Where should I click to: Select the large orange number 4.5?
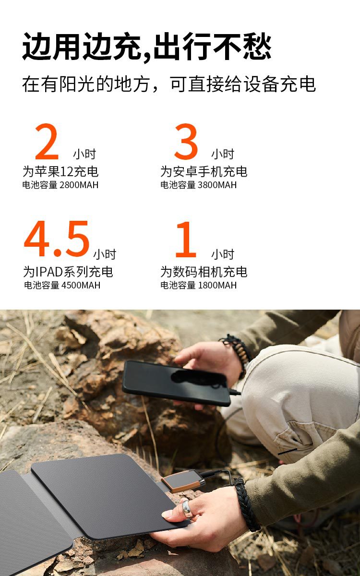[x=57, y=239]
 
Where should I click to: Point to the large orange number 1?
[x=186, y=240]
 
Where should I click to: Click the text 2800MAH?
[x=79, y=185]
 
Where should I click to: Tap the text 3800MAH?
[x=217, y=185]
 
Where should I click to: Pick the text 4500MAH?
[x=81, y=285]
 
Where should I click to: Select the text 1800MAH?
[x=217, y=285]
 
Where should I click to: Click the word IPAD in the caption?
[x=49, y=272]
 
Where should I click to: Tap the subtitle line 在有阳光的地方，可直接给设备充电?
[x=169, y=84]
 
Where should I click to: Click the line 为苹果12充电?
[x=60, y=171]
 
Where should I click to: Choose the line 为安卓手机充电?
[x=204, y=171]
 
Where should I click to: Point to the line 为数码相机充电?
[x=204, y=272]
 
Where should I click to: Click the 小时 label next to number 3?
[x=223, y=154]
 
